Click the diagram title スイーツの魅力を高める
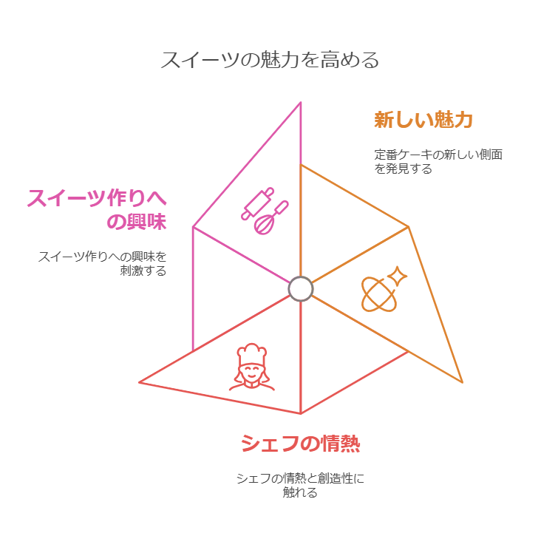coord(270,60)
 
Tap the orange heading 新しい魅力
coord(423,120)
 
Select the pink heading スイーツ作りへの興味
coord(97,210)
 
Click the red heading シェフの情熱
coord(300,444)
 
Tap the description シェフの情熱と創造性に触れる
coord(300,485)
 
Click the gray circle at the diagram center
coord(301,288)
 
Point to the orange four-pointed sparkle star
coord(397,276)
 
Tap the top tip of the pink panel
coord(301,103)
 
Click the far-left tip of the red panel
coord(140,382)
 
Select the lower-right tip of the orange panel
coord(462,381)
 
